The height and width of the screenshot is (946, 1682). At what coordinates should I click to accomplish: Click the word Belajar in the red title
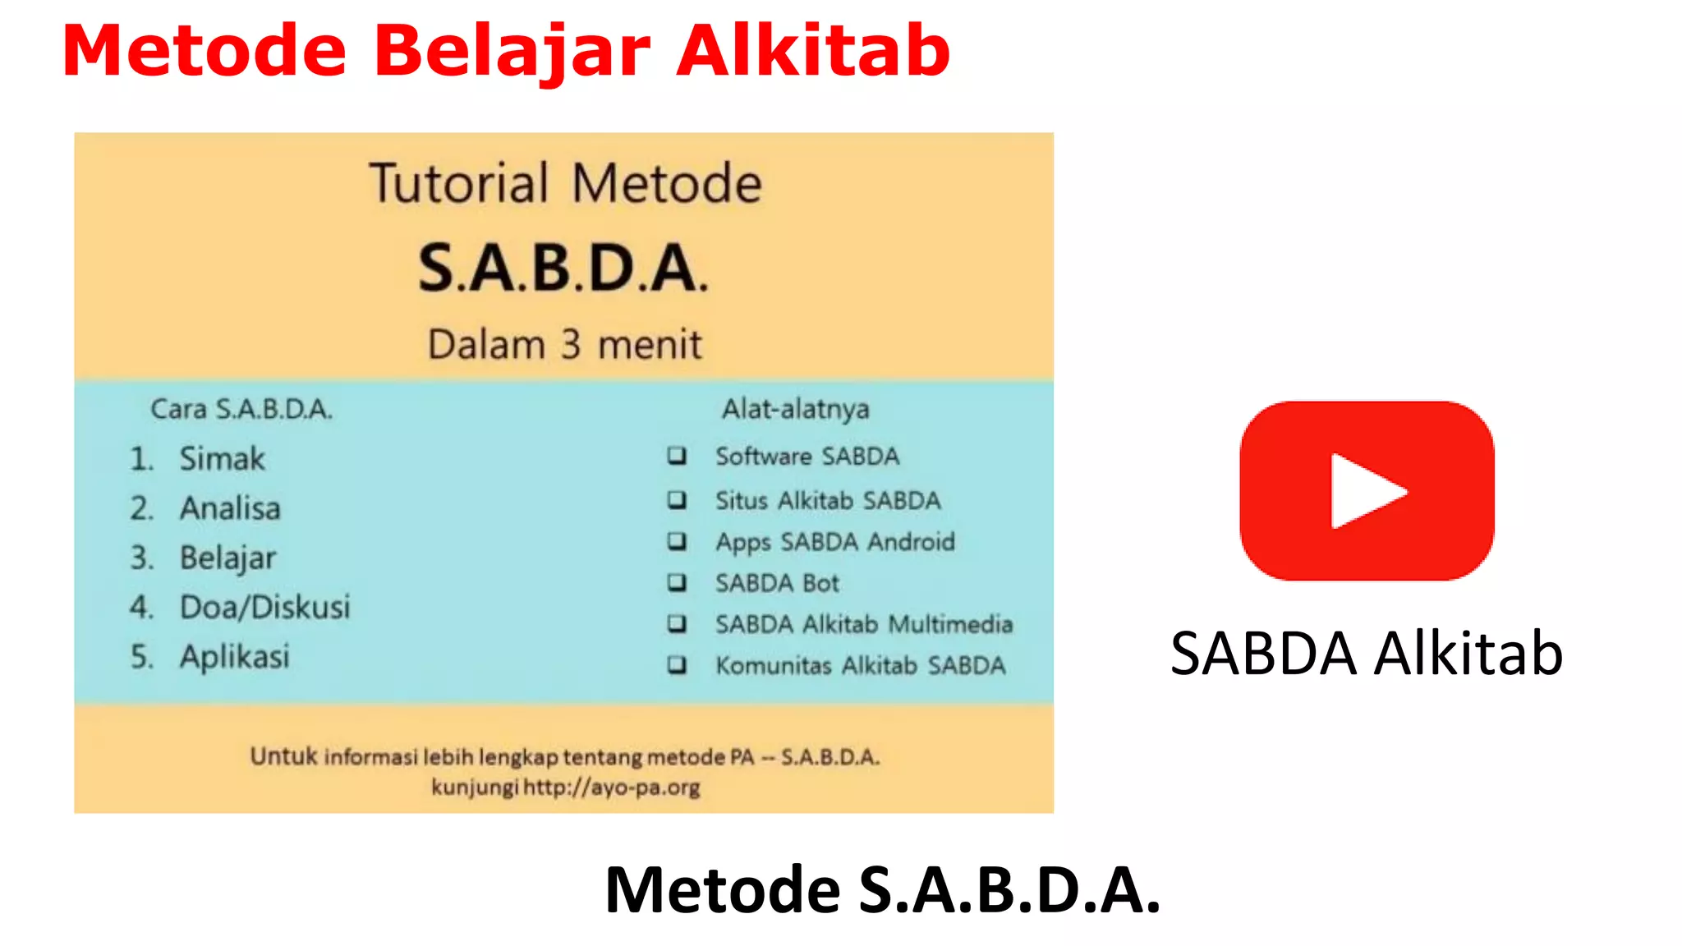(512, 51)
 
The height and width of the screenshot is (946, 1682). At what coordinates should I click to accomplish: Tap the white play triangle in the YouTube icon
(1364, 491)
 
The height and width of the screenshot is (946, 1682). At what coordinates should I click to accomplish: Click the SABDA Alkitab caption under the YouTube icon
(1367, 654)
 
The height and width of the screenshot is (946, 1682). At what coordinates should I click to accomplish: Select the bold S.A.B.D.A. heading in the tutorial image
(563, 269)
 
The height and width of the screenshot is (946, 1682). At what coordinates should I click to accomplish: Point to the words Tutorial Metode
(565, 183)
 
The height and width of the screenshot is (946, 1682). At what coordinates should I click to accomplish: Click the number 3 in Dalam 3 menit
(571, 344)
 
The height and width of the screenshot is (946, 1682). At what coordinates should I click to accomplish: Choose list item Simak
(223, 458)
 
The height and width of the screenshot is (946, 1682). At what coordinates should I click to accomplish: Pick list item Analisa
(230, 508)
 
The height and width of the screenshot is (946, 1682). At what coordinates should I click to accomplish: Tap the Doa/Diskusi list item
(264, 607)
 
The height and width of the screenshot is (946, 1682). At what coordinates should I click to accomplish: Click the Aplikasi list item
(235, 656)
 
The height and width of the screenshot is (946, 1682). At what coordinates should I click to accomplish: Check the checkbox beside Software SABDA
(677, 455)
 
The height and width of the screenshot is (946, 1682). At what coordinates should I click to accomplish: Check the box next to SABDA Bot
(677, 582)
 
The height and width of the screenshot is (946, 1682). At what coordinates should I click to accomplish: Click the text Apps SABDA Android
(834, 542)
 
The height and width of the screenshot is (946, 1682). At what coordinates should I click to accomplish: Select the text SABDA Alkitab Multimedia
(863, 624)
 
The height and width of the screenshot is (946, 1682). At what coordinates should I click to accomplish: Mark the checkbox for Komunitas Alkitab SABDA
(677, 664)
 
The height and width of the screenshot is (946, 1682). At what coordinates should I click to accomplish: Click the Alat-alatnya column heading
(795, 408)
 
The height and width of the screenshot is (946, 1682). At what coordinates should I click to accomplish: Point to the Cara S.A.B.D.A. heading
(241, 408)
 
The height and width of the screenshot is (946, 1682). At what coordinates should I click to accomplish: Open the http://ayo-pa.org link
(612, 788)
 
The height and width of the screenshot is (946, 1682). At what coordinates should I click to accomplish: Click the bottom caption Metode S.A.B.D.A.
(882, 890)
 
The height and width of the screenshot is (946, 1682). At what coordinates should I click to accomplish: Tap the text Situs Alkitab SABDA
(828, 500)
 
